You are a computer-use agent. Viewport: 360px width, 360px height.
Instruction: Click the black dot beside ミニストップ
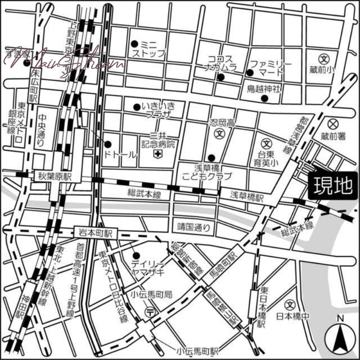click(x=134, y=44)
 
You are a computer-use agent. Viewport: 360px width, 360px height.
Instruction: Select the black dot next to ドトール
click(x=108, y=144)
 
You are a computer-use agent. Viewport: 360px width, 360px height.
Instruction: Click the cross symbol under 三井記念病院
click(x=158, y=154)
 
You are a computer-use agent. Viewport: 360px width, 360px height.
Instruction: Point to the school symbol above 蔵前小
click(x=324, y=58)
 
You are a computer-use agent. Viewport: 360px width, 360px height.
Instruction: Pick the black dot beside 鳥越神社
click(x=265, y=98)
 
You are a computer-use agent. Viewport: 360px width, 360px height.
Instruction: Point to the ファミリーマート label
click(x=271, y=68)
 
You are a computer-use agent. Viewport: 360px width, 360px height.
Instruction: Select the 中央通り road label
click(x=41, y=130)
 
